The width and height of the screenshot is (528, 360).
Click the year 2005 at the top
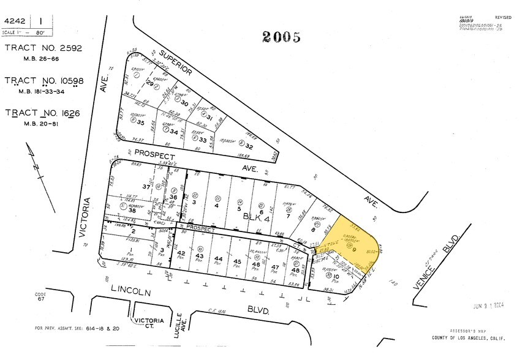point(282,37)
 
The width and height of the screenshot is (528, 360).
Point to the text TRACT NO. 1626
point(43,113)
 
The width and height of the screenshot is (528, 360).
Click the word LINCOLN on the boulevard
point(130,293)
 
